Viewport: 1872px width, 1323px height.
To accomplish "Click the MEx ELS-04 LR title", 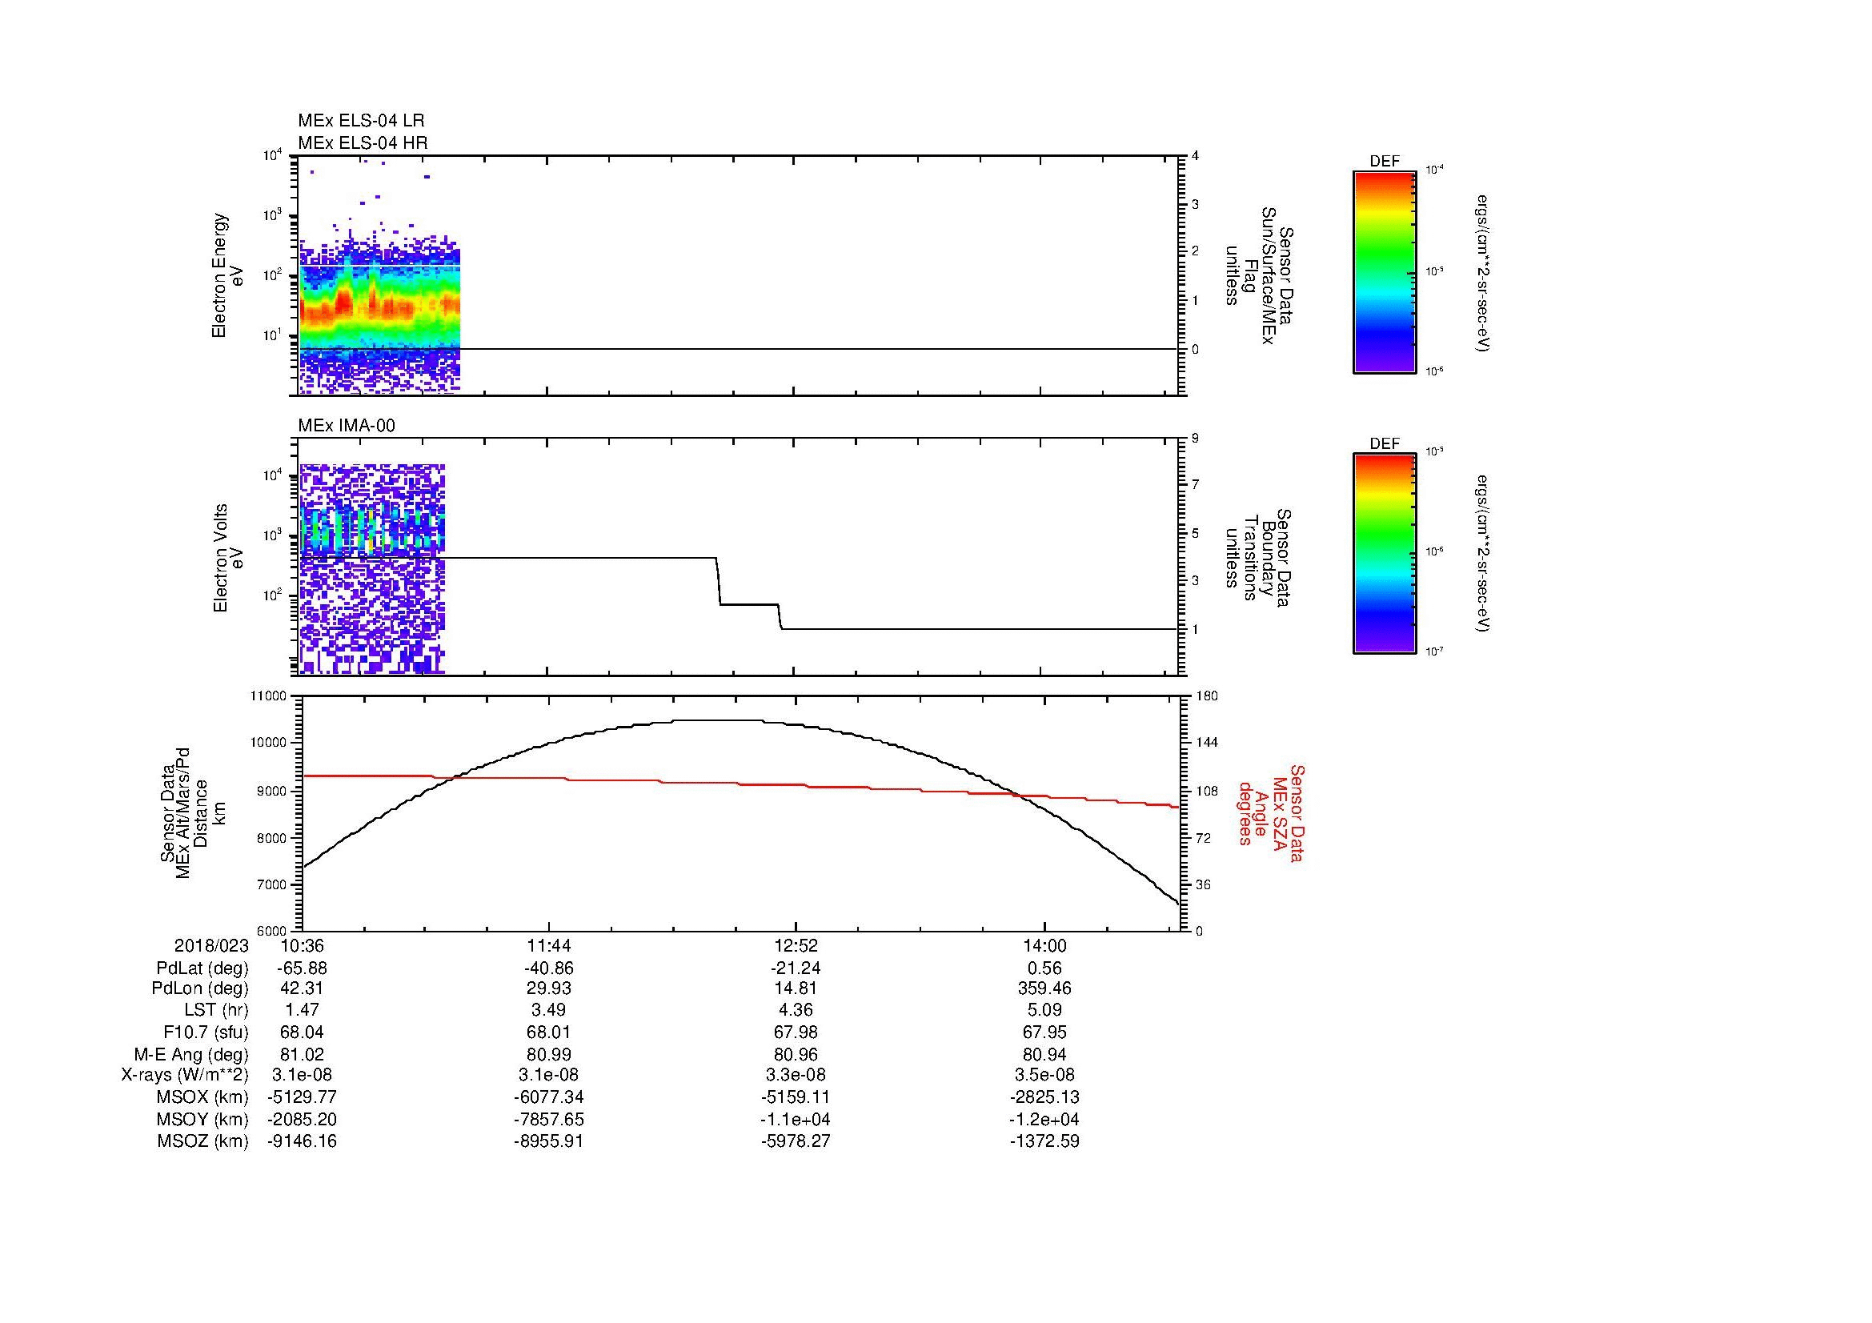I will [x=360, y=121].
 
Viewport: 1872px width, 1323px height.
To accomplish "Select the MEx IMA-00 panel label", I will [x=346, y=426].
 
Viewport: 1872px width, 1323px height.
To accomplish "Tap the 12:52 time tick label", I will [x=795, y=945].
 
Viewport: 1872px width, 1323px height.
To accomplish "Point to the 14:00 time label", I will [x=1044, y=945].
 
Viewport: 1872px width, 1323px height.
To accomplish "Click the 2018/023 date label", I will [x=211, y=945].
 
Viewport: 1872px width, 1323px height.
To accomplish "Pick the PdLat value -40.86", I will [x=550, y=968].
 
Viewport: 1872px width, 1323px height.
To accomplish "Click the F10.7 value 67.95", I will [x=1044, y=1032].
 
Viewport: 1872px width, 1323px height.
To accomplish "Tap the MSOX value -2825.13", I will [x=1044, y=1097].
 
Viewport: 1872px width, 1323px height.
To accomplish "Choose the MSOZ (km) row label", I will [x=202, y=1141].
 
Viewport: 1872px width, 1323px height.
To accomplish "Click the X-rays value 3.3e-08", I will [x=795, y=1075].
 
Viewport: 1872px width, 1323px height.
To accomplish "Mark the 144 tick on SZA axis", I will [x=1207, y=743].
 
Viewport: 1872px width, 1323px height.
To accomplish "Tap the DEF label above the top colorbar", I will [x=1385, y=162].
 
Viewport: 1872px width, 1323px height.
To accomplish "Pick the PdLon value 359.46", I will [x=1044, y=988].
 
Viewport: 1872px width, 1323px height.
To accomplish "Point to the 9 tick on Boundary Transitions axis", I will [x=1195, y=439].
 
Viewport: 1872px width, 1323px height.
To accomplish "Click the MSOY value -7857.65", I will [x=550, y=1119].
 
